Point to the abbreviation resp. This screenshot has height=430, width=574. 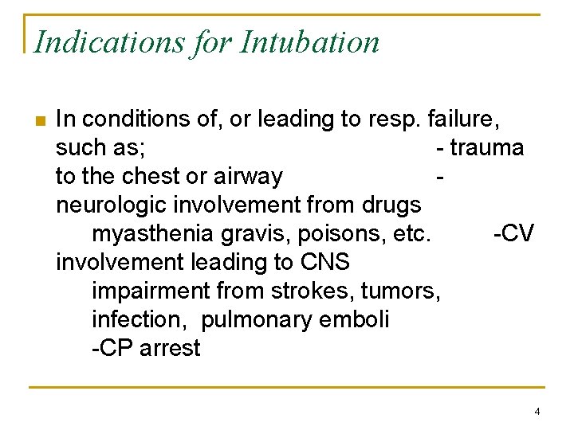[x=395, y=119]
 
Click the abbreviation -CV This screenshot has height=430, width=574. [x=513, y=234]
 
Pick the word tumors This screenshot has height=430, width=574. [x=407, y=291]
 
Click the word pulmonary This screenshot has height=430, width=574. [x=254, y=320]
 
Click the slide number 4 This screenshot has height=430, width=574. [x=537, y=412]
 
